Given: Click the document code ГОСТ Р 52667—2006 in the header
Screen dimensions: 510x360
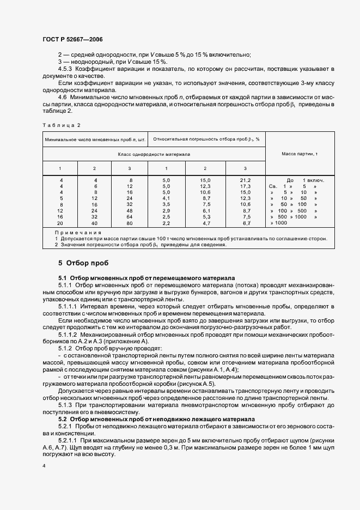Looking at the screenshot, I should [73, 40].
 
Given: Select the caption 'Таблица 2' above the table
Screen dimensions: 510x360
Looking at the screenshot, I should [57, 125].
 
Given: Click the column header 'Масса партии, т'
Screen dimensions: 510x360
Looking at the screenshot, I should [300, 154].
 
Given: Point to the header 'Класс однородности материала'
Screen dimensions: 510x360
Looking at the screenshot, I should [154, 154].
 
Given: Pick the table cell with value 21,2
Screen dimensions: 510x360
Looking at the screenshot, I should [245, 180].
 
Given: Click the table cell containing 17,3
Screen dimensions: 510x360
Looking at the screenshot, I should [245, 186].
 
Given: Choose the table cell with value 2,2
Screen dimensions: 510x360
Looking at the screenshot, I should [167, 223].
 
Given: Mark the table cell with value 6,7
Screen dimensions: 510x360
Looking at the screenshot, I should [245, 223].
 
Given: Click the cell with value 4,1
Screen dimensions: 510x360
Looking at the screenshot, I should [167, 198].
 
